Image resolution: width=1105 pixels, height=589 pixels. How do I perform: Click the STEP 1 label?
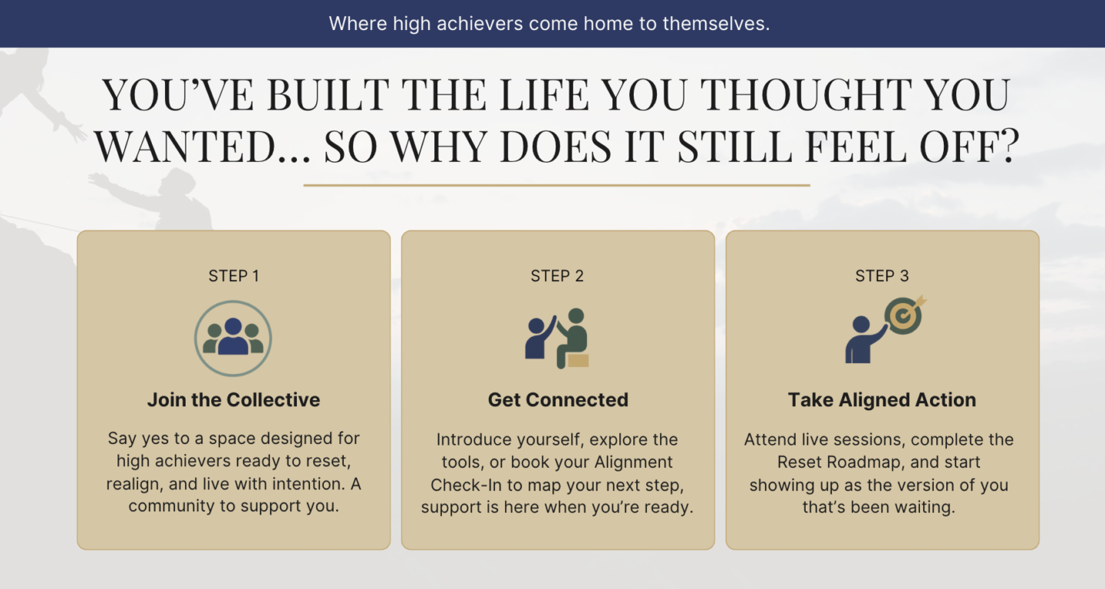tap(233, 276)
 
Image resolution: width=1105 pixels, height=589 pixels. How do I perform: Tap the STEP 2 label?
tap(557, 276)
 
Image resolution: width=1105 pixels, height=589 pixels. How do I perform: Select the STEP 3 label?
tap(882, 276)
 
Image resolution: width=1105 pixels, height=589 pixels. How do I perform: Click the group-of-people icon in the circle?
tap(233, 339)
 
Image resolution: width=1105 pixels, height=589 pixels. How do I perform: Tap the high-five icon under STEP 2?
tap(557, 338)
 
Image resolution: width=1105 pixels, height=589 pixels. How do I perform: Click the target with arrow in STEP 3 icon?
tap(905, 315)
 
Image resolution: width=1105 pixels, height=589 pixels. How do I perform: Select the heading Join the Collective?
tap(233, 399)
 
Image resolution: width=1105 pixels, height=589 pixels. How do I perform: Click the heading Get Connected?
tap(558, 399)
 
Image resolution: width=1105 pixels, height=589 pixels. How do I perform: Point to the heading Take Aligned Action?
tap(882, 399)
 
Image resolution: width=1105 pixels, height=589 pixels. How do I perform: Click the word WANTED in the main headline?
tap(184, 146)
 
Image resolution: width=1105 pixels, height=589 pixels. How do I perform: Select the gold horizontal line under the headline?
tap(556, 185)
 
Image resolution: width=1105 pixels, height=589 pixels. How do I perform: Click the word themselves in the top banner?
tap(716, 23)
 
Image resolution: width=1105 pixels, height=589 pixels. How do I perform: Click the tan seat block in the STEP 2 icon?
tap(577, 360)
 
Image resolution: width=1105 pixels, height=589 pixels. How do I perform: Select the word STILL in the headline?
tap(734, 146)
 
